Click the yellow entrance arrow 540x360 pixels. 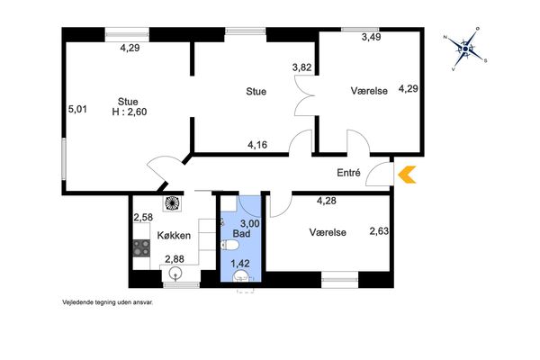pyautogui.click(x=407, y=175)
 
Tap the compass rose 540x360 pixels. pyautogui.click(x=465, y=49)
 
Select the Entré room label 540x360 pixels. pyautogui.click(x=348, y=173)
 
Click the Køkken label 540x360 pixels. pyautogui.click(x=174, y=236)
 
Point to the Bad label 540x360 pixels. pyautogui.click(x=241, y=234)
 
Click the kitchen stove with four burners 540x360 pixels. pyautogui.click(x=141, y=248)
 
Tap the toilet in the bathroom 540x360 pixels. pyautogui.click(x=229, y=246)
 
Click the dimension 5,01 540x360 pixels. pyautogui.click(x=77, y=110)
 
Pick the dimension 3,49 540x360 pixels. pyautogui.click(x=371, y=37)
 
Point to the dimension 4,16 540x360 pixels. pyautogui.click(x=257, y=145)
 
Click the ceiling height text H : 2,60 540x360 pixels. pyautogui.click(x=130, y=112)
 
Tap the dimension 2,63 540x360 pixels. pyautogui.click(x=379, y=230)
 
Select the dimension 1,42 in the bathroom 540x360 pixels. pyautogui.click(x=240, y=264)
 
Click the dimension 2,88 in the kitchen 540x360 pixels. pyautogui.click(x=175, y=259)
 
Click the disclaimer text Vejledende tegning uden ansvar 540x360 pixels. pyautogui.click(x=107, y=302)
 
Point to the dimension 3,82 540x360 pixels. pyautogui.click(x=301, y=67)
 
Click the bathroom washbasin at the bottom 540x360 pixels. pyautogui.click(x=241, y=276)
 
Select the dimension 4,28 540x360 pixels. pyautogui.click(x=327, y=201)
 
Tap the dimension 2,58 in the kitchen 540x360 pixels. pyautogui.click(x=143, y=218)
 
